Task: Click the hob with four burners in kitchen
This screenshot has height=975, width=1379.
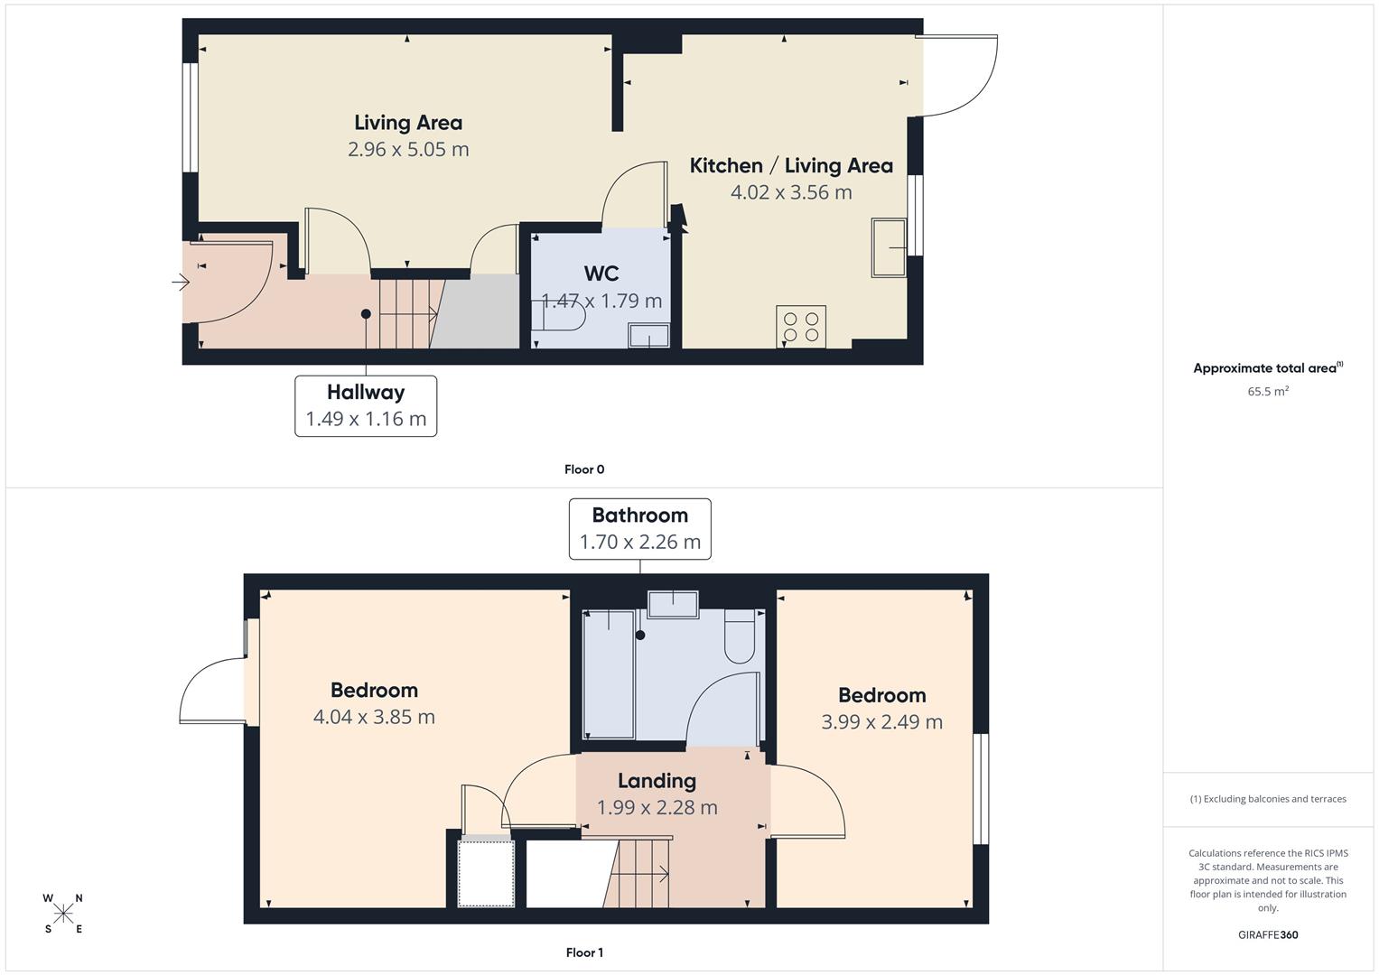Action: [x=801, y=327]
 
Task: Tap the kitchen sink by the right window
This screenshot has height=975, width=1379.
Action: [x=888, y=247]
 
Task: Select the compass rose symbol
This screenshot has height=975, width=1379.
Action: [x=63, y=914]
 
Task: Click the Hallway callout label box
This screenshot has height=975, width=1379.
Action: [x=366, y=406]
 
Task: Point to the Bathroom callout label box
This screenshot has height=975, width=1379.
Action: [x=639, y=529]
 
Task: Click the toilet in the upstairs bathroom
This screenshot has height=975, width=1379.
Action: [x=740, y=636]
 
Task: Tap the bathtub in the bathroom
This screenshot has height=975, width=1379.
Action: [x=609, y=673]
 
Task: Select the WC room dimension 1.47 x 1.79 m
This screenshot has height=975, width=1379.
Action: [x=601, y=301]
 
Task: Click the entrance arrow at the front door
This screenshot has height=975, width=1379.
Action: [x=181, y=283]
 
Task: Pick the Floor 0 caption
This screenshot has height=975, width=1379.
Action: [x=584, y=469]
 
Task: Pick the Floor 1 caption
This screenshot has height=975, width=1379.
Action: [x=584, y=952]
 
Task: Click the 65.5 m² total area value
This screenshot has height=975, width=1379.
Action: [x=1268, y=392]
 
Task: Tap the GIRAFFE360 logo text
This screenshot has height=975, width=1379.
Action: [x=1268, y=935]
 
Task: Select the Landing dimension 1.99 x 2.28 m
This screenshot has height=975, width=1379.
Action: [x=657, y=807]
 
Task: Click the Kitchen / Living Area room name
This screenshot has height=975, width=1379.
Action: [x=791, y=166]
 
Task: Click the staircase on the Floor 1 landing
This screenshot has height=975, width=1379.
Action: [x=641, y=872]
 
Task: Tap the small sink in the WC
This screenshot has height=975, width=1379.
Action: [x=649, y=336]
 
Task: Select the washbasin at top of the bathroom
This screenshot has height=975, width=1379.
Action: [x=673, y=604]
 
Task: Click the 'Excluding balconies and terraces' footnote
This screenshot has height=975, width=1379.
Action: [x=1268, y=799]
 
